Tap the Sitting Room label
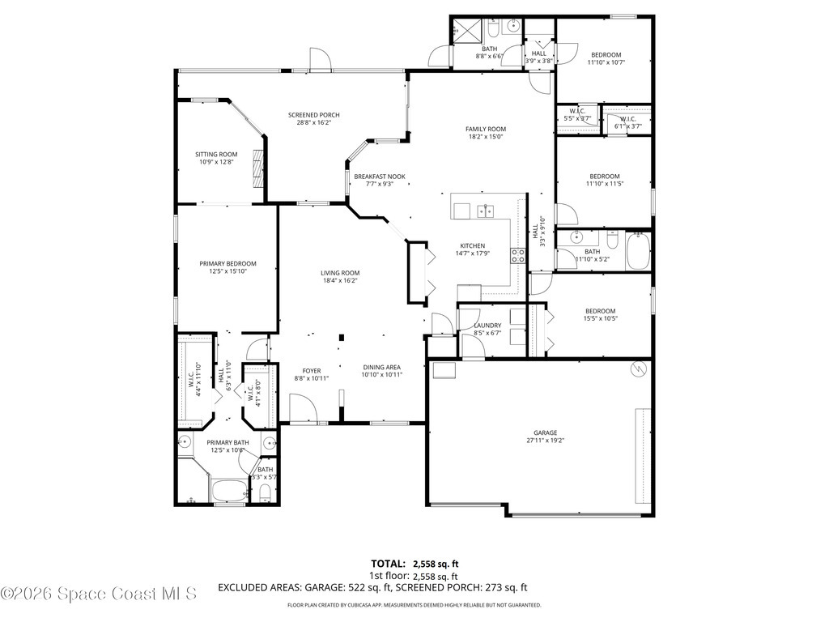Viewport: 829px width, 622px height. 216,154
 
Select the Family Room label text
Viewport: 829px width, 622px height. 485,129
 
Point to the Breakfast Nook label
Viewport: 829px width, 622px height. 379,177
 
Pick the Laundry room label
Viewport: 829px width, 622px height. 487,326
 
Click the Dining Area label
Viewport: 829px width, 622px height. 381,366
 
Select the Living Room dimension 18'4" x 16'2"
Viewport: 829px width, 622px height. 339,281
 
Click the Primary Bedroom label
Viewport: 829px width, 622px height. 227,263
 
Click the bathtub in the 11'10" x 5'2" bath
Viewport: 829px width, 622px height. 639,250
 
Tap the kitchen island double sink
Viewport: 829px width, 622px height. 486,211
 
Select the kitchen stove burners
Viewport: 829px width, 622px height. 517,256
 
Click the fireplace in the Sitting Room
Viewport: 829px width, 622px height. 257,168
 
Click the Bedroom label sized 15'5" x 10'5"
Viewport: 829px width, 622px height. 600,311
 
